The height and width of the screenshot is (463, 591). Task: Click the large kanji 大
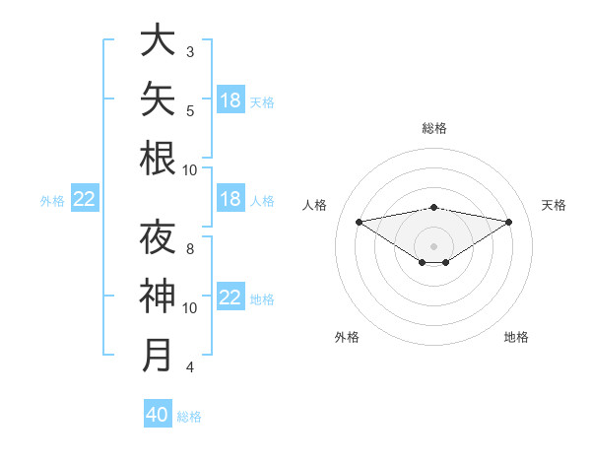(158, 39)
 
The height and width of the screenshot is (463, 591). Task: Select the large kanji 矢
(158, 99)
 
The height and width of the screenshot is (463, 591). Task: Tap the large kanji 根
(158, 158)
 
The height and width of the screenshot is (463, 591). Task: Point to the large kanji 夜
(158, 236)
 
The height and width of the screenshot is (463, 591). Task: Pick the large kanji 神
(158, 296)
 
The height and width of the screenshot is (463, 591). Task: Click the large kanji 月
(157, 355)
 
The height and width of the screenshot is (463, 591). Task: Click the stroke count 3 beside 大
(190, 52)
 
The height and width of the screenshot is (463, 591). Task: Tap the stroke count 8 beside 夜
(190, 249)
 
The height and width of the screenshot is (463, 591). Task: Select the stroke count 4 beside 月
(190, 366)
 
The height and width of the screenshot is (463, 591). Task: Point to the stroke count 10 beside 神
(189, 308)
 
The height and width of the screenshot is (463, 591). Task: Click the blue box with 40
(158, 413)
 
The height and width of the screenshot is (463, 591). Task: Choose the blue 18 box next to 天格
(230, 99)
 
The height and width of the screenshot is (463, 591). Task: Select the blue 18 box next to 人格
(230, 198)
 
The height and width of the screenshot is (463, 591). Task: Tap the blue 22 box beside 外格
(85, 198)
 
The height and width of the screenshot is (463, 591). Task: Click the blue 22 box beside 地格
(230, 296)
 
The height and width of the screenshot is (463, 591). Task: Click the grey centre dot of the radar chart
(433, 246)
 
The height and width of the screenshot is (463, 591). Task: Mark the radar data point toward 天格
(509, 222)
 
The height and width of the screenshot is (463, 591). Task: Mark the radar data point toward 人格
(359, 222)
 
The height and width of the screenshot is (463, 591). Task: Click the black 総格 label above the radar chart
(434, 128)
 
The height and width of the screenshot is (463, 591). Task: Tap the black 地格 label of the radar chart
(516, 337)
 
